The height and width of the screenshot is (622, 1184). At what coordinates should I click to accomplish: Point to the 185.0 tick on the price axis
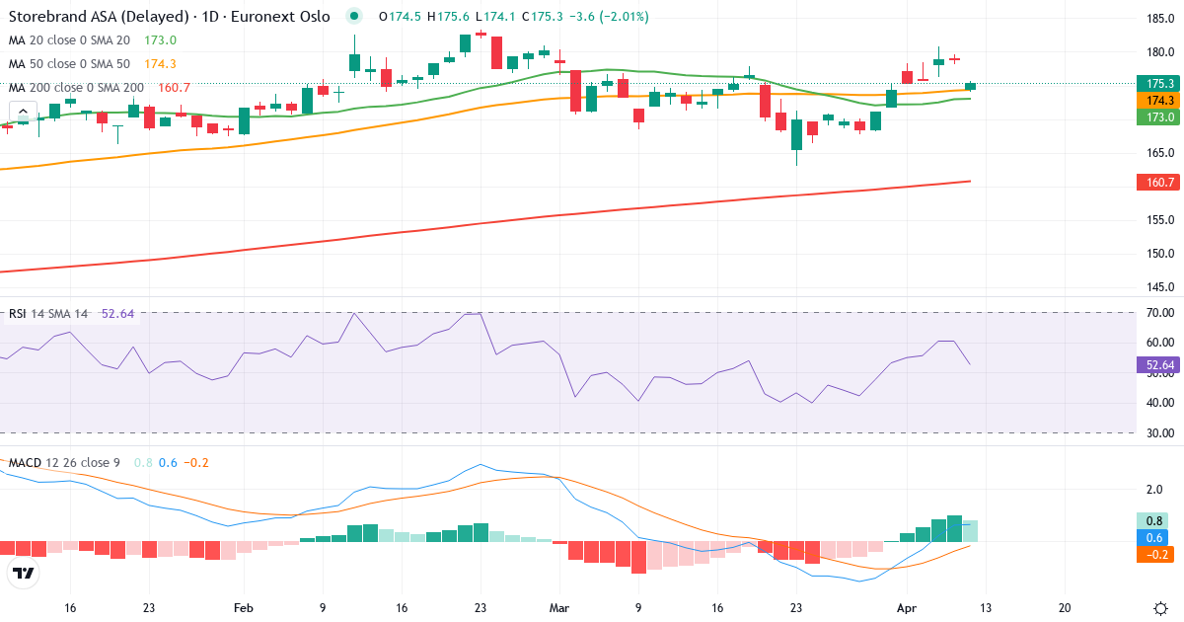point(1160,19)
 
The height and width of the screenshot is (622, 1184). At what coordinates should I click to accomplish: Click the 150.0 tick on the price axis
point(1160,254)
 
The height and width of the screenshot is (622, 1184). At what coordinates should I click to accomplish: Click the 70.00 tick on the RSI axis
point(1160,313)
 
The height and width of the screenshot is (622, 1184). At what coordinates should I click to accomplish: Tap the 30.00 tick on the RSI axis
point(1160,432)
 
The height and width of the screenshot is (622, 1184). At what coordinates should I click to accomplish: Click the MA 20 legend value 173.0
point(160,39)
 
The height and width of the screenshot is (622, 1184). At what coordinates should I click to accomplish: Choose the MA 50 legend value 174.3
point(160,63)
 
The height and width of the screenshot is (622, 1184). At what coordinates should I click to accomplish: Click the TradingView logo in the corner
point(23,573)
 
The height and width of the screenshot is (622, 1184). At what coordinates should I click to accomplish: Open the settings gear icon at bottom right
point(1160,608)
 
